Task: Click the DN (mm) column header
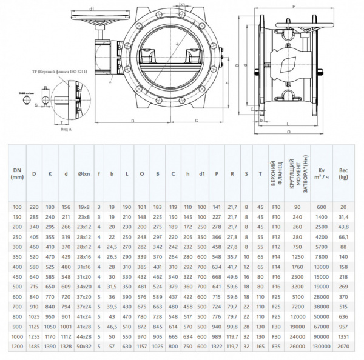16,174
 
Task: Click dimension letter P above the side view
294,5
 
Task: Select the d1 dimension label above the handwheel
91,9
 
